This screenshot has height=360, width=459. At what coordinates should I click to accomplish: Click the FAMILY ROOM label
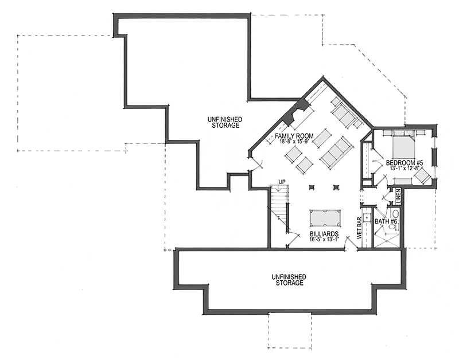(294, 136)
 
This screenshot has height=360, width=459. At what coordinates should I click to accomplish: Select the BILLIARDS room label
(324, 234)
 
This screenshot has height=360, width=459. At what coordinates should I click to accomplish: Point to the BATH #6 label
(386, 222)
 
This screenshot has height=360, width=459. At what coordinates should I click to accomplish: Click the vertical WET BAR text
(359, 228)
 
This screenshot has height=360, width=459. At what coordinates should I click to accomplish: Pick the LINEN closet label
(398, 196)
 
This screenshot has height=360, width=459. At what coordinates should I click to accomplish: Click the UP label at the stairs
(282, 182)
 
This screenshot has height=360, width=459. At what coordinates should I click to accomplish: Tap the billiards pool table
(325, 218)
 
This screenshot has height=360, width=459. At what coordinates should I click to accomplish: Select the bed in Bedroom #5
(404, 145)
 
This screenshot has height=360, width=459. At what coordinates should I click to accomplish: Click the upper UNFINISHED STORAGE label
(225, 122)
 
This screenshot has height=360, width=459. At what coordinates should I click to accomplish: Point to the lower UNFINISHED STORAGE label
(289, 280)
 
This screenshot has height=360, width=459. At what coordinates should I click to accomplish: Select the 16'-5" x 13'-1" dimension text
(324, 239)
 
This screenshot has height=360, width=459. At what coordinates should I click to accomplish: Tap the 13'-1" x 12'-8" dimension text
(405, 168)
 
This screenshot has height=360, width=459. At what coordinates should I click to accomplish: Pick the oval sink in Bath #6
(395, 213)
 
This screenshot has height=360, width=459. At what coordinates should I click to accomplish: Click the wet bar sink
(366, 217)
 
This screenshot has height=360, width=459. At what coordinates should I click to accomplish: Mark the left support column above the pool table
(311, 187)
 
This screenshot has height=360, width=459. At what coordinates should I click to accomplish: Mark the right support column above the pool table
(336, 187)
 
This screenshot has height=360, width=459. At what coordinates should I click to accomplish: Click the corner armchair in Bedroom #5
(422, 176)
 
